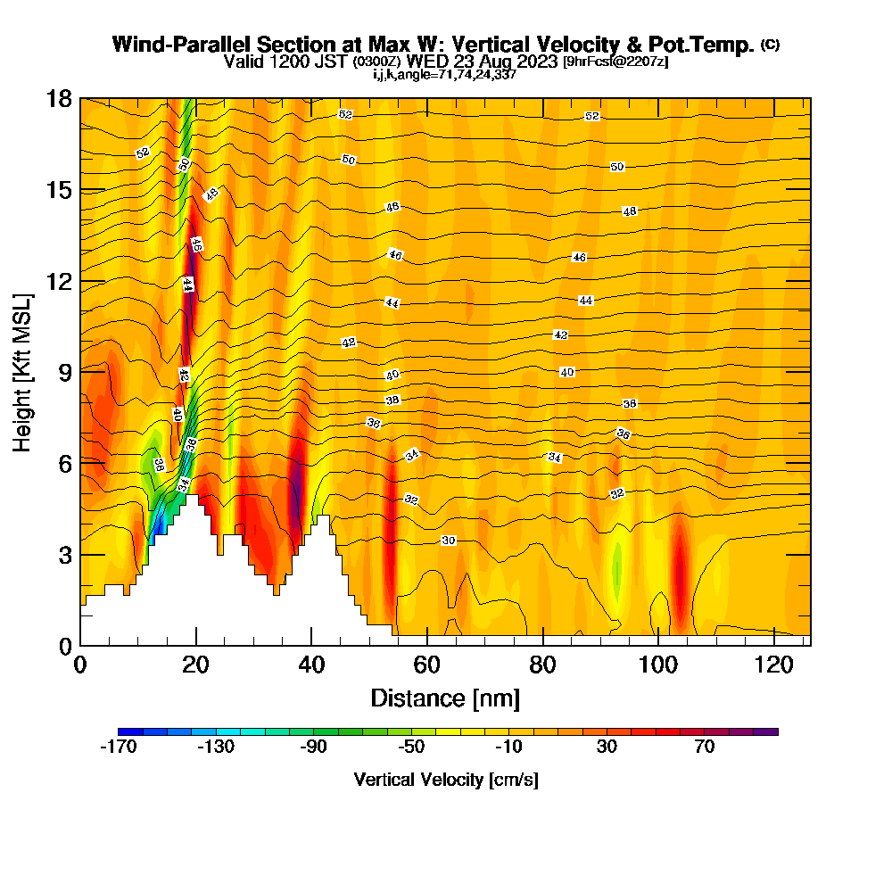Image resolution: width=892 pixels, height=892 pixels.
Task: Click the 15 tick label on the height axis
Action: click(x=59, y=190)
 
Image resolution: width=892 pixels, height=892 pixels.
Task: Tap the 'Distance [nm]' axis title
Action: click(x=445, y=698)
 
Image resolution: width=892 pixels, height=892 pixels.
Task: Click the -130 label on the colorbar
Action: click(x=216, y=747)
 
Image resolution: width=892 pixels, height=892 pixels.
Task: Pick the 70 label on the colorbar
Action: click(x=705, y=747)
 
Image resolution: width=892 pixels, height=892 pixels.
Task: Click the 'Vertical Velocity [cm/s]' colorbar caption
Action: click(x=446, y=780)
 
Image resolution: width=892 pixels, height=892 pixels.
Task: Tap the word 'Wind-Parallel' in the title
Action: click(x=182, y=45)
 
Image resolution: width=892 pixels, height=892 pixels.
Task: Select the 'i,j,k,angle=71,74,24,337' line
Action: click(x=444, y=75)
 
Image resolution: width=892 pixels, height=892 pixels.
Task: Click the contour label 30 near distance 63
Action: click(x=449, y=541)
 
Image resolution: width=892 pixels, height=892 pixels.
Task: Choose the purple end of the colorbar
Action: click(x=765, y=731)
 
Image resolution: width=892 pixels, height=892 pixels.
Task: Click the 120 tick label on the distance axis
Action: click(x=774, y=665)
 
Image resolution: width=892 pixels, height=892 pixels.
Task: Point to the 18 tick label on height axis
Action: click(x=59, y=99)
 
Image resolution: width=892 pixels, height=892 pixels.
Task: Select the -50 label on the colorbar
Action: click(x=411, y=747)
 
